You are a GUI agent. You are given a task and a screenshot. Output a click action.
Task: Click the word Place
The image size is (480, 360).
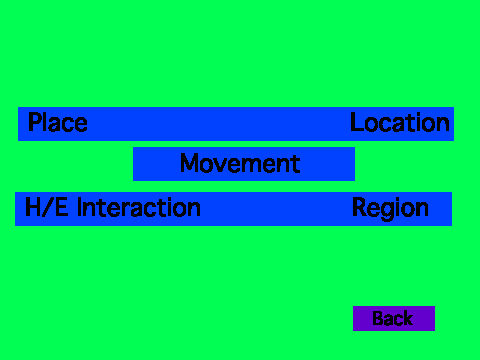coord(58,122)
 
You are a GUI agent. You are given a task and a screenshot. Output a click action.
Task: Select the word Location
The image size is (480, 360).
coord(400,122)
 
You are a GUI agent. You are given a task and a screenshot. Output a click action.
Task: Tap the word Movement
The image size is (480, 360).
coord(240,163)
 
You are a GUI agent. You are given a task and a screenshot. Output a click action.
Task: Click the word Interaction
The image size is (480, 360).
coord(139,207)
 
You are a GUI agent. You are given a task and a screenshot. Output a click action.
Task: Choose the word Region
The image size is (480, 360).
coord(390,209)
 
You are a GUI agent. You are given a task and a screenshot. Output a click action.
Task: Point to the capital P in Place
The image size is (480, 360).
coord(35,122)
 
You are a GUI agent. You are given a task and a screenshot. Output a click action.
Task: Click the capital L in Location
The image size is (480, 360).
coord(357,122)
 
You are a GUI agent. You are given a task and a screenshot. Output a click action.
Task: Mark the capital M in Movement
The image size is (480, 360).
coord(190,163)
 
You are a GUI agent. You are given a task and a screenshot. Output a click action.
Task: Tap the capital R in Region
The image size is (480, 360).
coord(360,207)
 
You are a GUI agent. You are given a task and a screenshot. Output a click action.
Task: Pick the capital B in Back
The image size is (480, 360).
coord(378,318)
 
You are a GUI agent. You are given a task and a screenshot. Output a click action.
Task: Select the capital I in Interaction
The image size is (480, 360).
coord(79,207)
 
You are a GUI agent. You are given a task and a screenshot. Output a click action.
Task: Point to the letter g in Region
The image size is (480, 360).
coord(388,211)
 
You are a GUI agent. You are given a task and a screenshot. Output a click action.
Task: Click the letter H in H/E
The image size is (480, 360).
coord(33,207)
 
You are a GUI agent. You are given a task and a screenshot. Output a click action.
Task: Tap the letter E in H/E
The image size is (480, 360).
coord(61,207)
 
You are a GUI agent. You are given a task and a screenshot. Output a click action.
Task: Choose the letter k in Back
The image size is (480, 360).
coord(408,318)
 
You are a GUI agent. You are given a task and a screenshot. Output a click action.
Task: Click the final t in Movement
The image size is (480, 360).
coord(296,164)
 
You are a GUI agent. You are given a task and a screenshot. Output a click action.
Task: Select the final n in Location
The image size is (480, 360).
coord(443,125)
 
